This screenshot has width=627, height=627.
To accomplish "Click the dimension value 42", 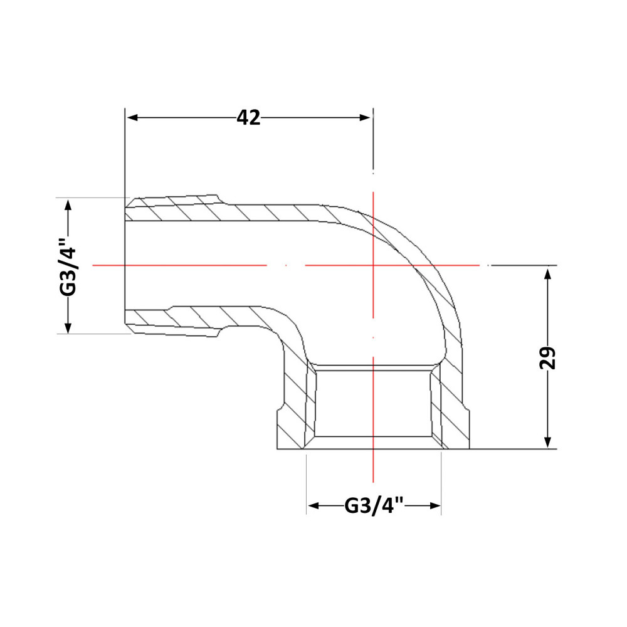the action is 248,118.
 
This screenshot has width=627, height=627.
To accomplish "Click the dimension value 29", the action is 548,357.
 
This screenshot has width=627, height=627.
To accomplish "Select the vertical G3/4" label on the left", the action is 68,266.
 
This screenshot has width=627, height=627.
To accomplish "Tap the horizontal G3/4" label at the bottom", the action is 374,506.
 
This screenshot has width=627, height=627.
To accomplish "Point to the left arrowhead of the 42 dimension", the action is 132,118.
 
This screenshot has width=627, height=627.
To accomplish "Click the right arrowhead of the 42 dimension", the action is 365,118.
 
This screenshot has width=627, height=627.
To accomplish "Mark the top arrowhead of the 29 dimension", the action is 548,274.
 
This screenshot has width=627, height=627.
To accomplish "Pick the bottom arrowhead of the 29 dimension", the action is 548,442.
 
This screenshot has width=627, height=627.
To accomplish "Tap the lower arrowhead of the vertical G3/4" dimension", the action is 68,327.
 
